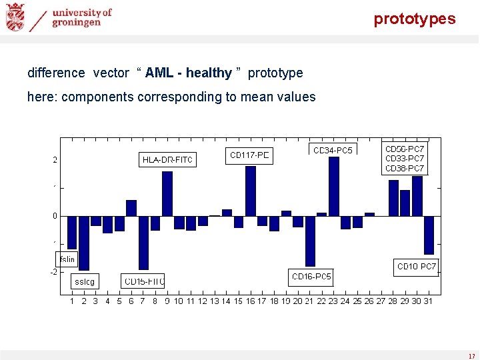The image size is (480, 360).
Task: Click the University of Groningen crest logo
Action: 15,17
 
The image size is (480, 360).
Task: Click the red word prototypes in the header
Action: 414,19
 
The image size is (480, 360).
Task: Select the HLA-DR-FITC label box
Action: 167,160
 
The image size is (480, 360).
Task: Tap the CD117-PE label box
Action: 250,155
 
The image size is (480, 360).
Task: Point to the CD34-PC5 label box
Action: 333,150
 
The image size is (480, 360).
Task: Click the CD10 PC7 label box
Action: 417,267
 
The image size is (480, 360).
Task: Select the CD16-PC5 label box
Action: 311,277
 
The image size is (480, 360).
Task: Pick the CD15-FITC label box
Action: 143,281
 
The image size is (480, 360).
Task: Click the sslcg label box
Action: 85,281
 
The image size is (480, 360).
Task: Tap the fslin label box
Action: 67,259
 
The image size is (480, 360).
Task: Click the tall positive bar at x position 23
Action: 334,186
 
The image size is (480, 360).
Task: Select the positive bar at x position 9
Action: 167,193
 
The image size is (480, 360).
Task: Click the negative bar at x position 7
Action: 143,242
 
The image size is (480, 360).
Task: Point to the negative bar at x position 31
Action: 429,235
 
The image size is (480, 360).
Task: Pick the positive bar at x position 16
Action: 251,191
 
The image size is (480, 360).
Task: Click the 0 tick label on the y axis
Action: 55,216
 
